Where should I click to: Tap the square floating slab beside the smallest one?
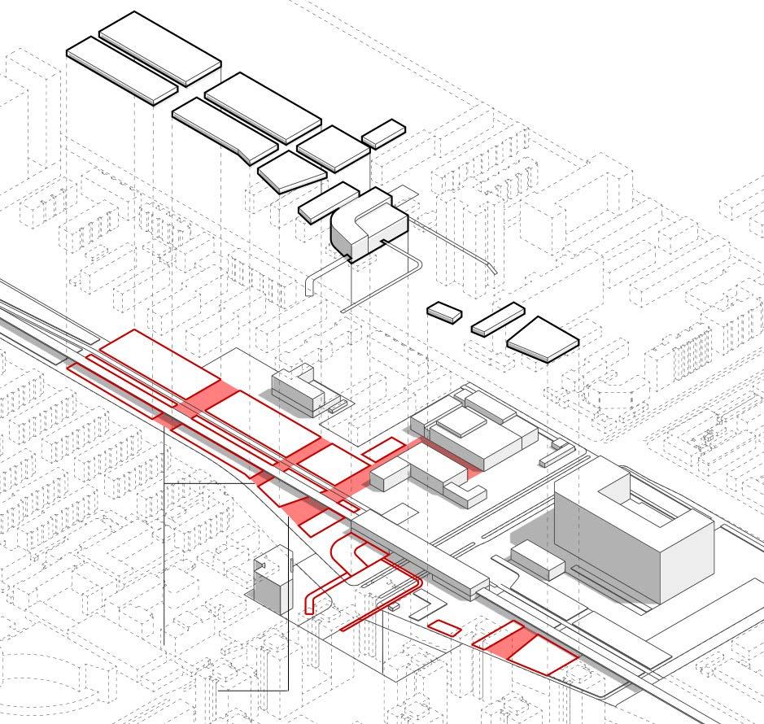tap(334, 146)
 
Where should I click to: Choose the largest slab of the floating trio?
tap(542, 335)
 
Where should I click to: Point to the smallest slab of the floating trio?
tap(444, 312)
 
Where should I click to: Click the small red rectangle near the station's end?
tap(444, 627)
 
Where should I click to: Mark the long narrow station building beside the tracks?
tap(423, 552)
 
